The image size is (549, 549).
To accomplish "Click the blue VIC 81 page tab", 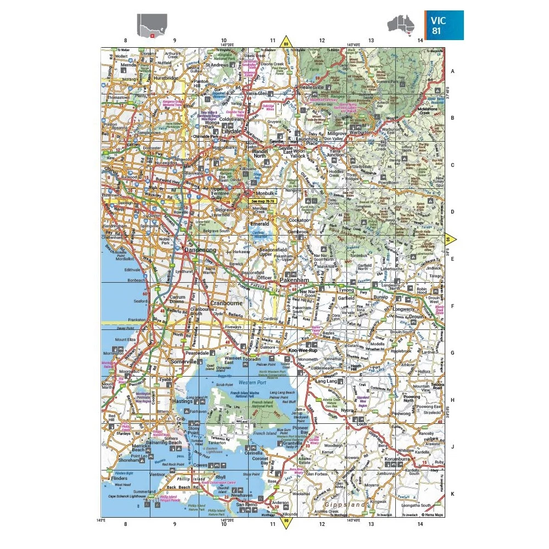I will [444, 25].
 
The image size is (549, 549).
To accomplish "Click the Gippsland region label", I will [345, 504].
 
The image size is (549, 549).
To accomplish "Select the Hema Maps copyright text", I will [432, 515].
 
